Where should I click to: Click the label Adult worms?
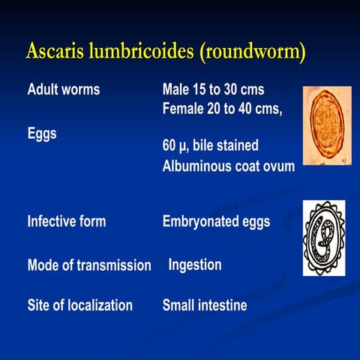coord(64,90)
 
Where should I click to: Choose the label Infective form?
coord(67,221)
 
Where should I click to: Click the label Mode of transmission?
coord(89,265)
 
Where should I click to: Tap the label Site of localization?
coord(80,305)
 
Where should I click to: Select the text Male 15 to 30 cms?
coord(213,90)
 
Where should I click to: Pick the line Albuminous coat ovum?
coord(229,166)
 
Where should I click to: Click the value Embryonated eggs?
coord(216,221)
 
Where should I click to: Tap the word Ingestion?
coord(195,265)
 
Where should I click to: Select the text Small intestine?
coord(205,305)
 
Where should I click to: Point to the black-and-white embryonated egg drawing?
coord(324,237)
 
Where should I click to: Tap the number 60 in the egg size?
coord(169,144)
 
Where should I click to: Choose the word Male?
coord(175,90)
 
